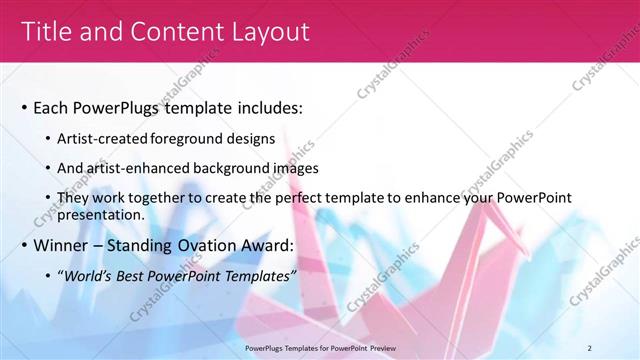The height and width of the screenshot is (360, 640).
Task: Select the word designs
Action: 253,139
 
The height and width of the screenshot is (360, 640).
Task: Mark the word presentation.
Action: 103,214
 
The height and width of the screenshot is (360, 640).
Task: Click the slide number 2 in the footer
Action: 590,348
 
